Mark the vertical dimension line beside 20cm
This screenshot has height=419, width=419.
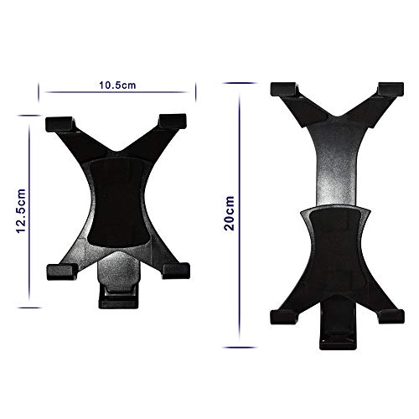tap(241, 213)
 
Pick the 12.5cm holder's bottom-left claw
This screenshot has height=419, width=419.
tap(58, 270)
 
